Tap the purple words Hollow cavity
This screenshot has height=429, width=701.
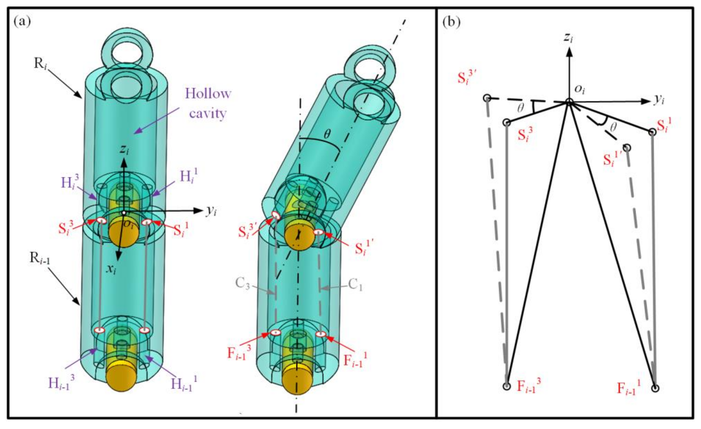click(x=208, y=103)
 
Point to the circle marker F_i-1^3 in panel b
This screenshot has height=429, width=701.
click(x=507, y=386)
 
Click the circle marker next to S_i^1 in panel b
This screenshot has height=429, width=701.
click(x=652, y=132)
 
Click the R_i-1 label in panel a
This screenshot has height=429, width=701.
click(x=40, y=258)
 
